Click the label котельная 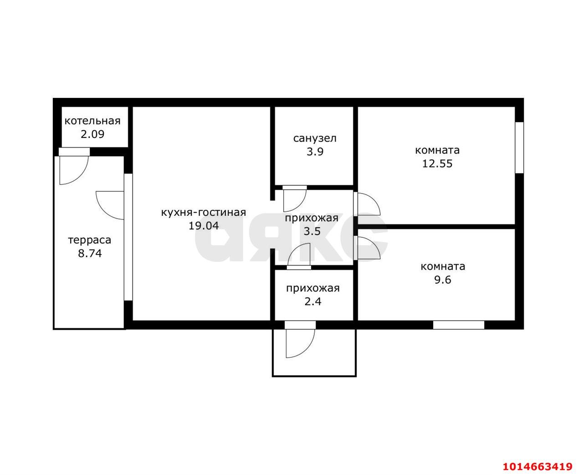(92, 121)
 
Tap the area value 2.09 (92, 134)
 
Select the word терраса (90, 240)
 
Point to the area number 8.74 (90, 253)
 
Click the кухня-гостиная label (204, 212)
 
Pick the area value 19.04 (204, 226)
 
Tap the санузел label (315, 138)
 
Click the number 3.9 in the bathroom (315, 152)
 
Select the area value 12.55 (437, 163)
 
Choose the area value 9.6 (443, 280)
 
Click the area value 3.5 (312, 231)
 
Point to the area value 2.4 (312, 301)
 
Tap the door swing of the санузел (295, 200)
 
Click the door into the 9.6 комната (367, 248)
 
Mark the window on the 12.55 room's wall (519, 148)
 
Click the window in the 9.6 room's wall (459, 325)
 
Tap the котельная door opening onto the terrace (74, 166)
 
